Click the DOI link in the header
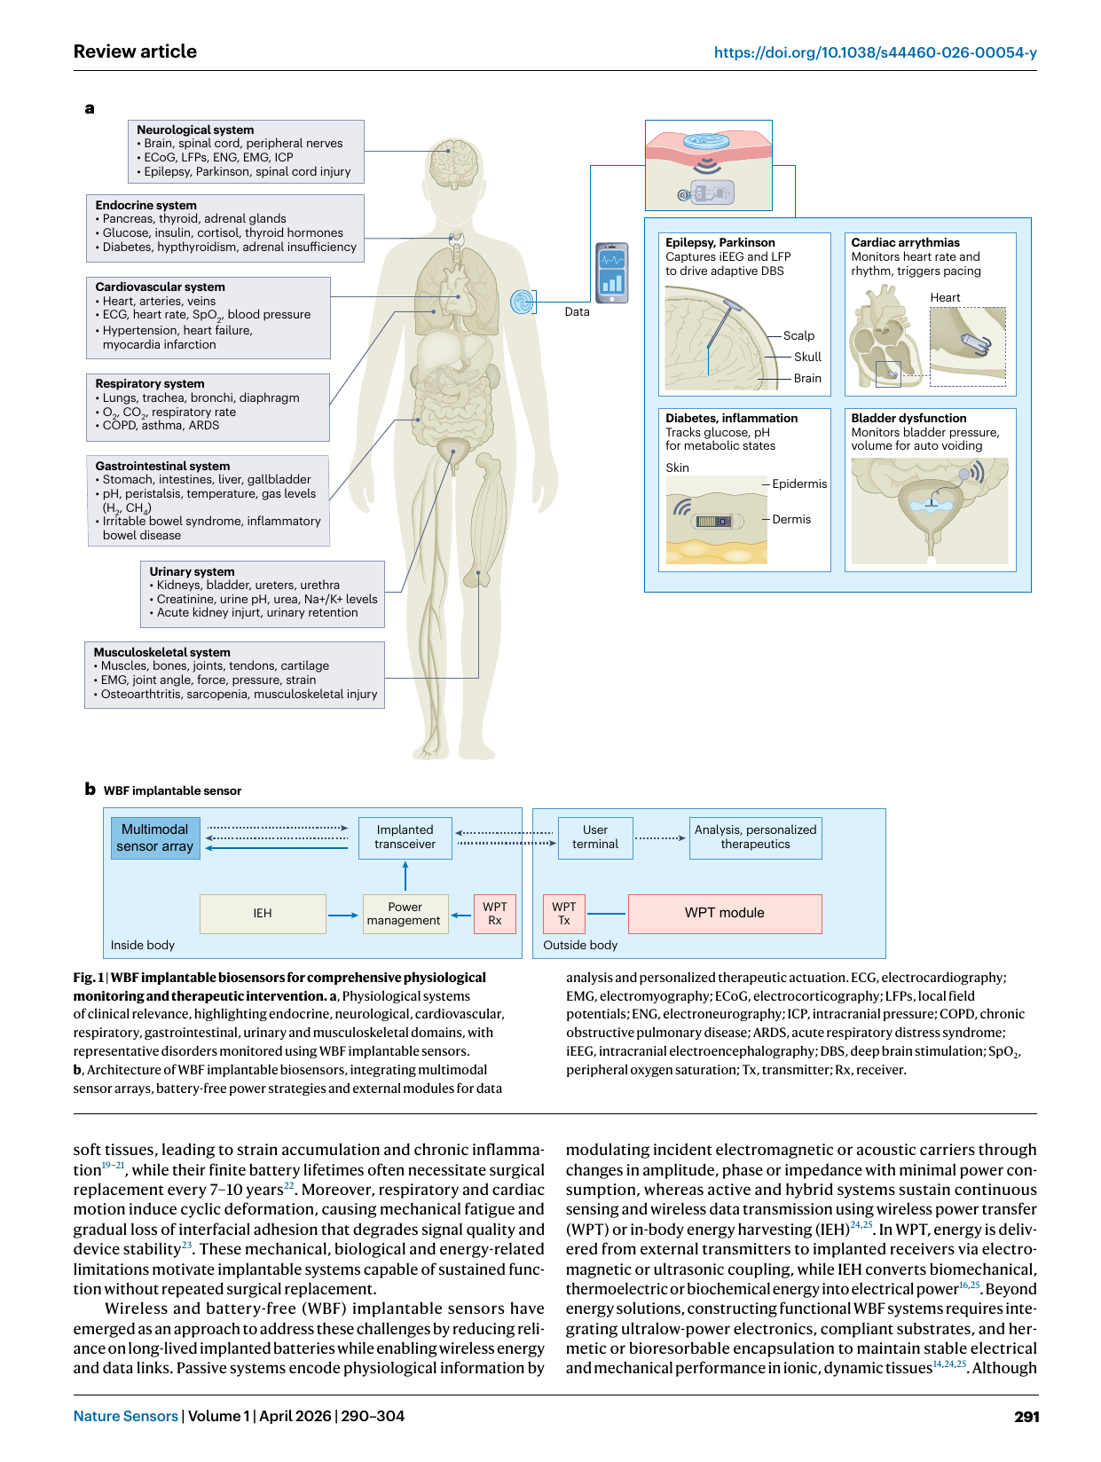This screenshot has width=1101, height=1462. [875, 52]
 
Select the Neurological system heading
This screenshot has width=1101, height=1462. [195, 130]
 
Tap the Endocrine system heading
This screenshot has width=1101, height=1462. [145, 205]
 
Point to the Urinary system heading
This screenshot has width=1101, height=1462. [192, 571]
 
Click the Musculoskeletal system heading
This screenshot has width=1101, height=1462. [161, 652]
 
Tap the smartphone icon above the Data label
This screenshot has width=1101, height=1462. [611, 272]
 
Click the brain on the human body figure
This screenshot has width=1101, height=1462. [453, 160]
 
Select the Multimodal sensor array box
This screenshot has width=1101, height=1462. [154, 837]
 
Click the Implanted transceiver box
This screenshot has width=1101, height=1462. [405, 837]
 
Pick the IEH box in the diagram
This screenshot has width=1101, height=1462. [263, 913]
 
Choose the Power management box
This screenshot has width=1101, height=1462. [405, 913]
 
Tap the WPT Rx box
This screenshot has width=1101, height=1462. [495, 913]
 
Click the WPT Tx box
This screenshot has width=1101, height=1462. [563, 913]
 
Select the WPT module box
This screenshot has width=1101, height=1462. [724, 913]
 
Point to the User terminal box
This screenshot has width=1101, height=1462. [595, 837]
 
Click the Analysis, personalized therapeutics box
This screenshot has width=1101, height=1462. [755, 837]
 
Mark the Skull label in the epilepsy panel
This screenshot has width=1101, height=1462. [807, 357]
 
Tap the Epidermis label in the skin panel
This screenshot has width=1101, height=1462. [798, 483]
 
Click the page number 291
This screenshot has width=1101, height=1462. [1026, 1416]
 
